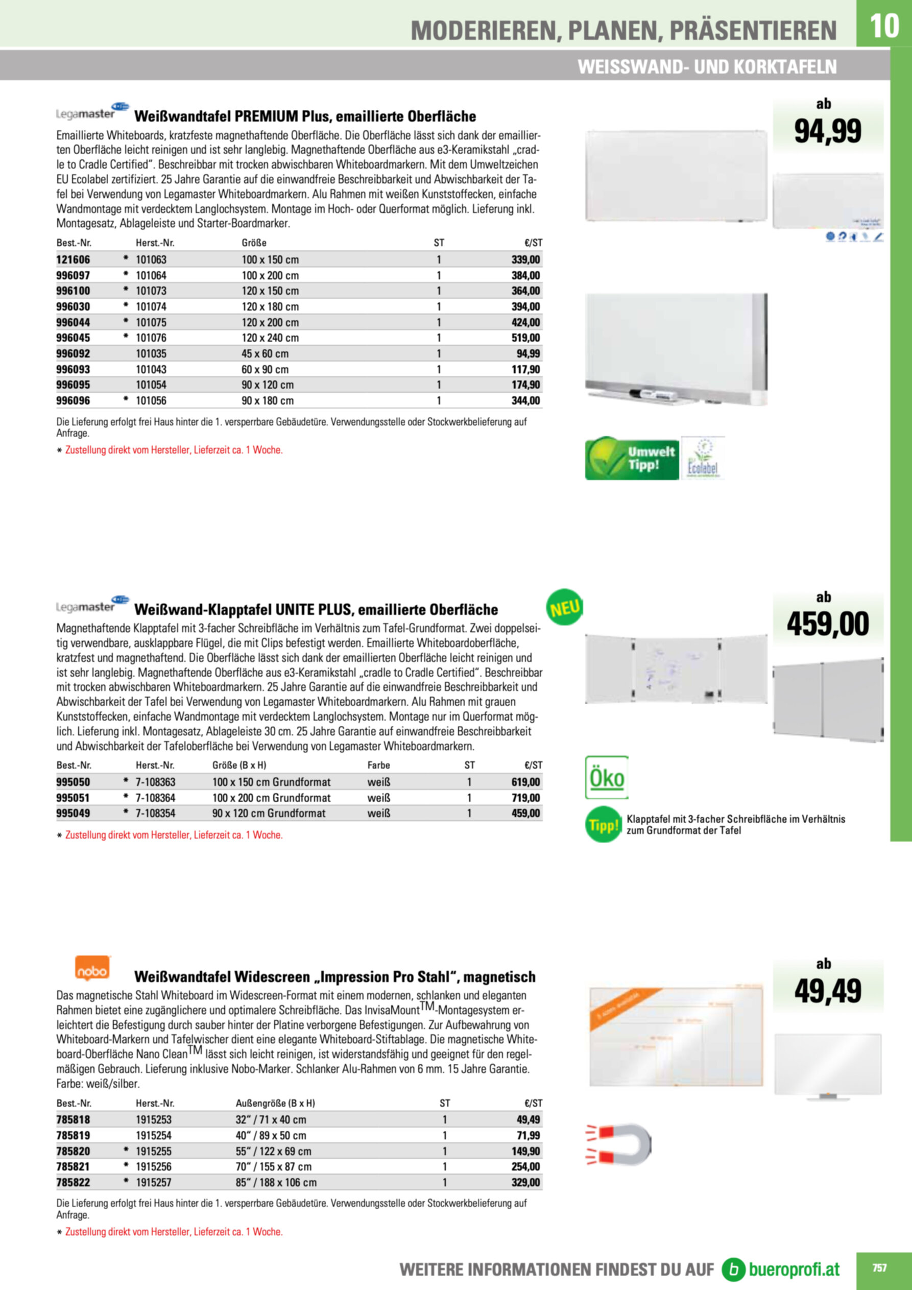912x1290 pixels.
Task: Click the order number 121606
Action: (x=73, y=259)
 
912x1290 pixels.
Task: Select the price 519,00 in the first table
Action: (x=526, y=338)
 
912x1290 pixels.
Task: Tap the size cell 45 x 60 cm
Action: (x=265, y=353)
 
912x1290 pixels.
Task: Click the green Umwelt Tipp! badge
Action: (x=632, y=459)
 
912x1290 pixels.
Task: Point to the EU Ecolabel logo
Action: (x=703, y=459)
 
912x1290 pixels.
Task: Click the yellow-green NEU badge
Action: (x=564, y=607)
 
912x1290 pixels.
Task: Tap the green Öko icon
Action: (x=606, y=778)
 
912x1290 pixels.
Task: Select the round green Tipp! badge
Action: (x=603, y=825)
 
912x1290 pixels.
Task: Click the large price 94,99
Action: (x=827, y=131)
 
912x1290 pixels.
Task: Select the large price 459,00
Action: (x=827, y=624)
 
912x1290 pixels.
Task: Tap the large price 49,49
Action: (x=827, y=991)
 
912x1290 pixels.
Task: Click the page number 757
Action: (x=879, y=1268)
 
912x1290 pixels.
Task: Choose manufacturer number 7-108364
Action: (x=155, y=798)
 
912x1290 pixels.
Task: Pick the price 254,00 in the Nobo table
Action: (x=525, y=1167)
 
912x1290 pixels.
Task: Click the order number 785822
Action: (x=73, y=1183)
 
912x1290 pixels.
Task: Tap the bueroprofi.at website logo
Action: (x=781, y=1269)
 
